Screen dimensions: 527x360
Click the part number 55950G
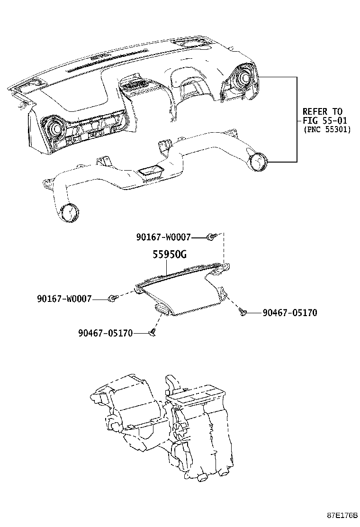[169, 254]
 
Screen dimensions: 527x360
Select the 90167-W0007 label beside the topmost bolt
[163, 236]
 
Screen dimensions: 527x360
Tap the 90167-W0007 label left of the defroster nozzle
[64, 299]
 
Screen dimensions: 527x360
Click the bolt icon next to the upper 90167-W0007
[211, 236]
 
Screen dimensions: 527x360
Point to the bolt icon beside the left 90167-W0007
[112, 298]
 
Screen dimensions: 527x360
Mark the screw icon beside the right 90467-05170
[243, 311]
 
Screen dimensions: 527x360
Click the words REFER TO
[322, 111]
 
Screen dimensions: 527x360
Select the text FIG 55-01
[325, 120]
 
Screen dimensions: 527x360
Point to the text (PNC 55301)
[327, 129]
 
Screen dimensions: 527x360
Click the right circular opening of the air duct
[259, 162]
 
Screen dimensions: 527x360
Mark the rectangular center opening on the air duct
[151, 170]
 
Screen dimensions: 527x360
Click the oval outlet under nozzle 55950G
[164, 309]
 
